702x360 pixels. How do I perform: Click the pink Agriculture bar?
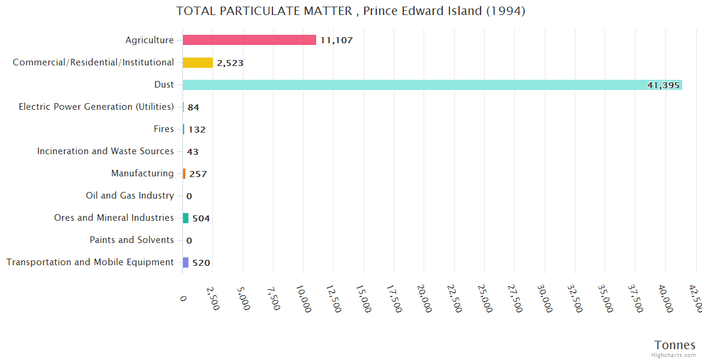(249, 40)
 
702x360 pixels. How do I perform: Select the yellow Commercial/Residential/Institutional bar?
(198, 62)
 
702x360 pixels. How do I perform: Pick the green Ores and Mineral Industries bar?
(185, 218)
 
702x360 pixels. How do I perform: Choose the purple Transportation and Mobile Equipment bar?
(185, 262)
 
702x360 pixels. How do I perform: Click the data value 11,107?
(336, 40)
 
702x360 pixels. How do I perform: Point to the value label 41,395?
(663, 85)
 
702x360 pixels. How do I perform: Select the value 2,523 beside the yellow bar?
(230, 63)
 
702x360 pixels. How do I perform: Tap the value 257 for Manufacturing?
(198, 174)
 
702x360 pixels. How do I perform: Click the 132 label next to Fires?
(197, 130)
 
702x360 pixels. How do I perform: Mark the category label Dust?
(164, 85)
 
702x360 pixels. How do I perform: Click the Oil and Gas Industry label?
(130, 196)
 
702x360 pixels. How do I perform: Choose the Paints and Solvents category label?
(131, 240)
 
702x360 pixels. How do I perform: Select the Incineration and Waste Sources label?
(105, 151)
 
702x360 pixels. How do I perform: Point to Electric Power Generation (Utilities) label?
(96, 107)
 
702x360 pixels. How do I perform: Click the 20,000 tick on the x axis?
(423, 298)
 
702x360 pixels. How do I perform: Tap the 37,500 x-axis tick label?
(634, 298)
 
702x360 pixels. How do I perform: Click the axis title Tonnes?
(674, 345)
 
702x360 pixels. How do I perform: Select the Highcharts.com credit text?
(674, 355)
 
